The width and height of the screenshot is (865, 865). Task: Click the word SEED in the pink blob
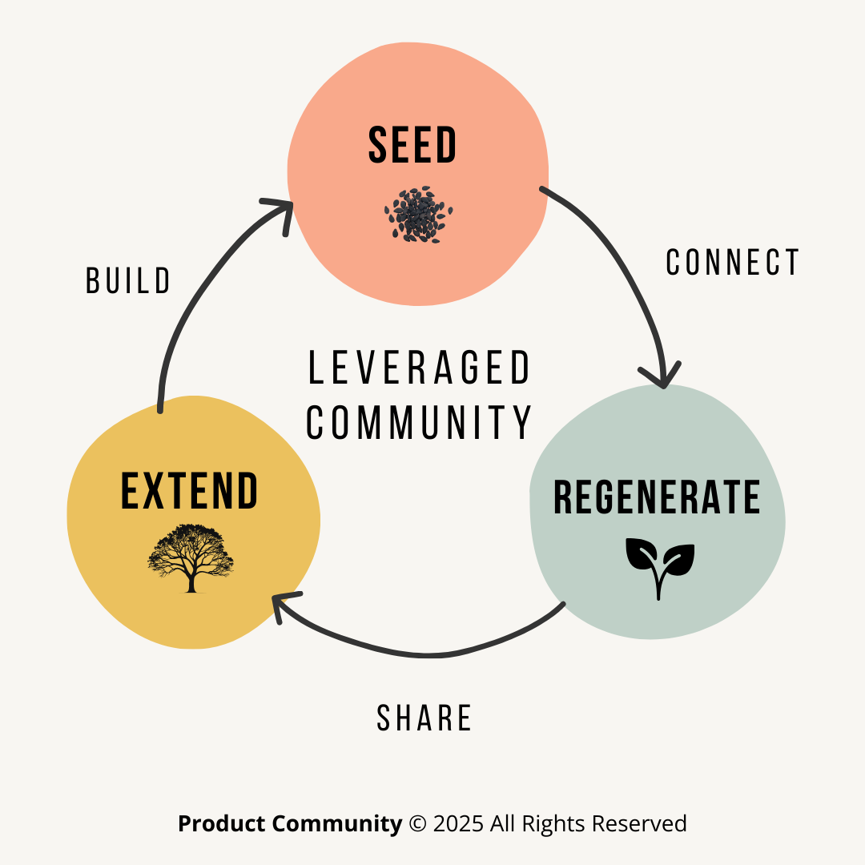pos(412,146)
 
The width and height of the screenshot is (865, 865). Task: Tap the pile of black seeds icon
pos(418,214)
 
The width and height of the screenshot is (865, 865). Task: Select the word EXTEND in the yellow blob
pos(190,492)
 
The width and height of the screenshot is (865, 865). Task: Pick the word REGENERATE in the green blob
pos(657,497)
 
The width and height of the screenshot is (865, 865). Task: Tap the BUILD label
pos(128,281)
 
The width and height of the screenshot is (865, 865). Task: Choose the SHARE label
pos(424,718)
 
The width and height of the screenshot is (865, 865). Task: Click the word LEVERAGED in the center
pos(420,368)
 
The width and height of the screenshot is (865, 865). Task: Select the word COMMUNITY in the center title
pos(420,422)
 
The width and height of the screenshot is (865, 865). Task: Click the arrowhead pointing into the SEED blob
pos(280,211)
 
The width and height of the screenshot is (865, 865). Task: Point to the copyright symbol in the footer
pos(417,823)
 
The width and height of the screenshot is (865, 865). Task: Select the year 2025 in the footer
pos(457,823)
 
